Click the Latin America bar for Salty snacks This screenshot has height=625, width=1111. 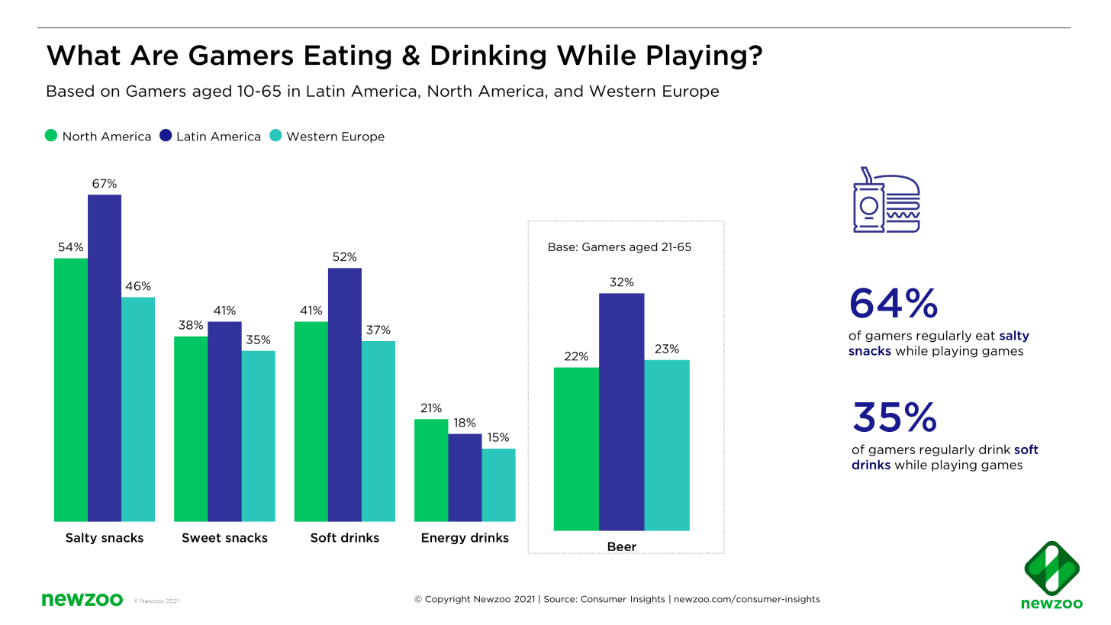click(x=105, y=358)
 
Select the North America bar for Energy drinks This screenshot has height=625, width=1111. click(x=430, y=470)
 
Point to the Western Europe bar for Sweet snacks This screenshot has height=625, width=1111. click(x=258, y=436)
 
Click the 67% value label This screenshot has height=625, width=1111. click(x=105, y=184)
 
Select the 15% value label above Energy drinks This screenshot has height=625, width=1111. click(x=498, y=438)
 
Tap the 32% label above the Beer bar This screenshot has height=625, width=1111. click(x=622, y=282)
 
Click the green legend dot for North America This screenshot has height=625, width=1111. click(x=52, y=136)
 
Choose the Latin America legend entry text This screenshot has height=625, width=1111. click(x=218, y=137)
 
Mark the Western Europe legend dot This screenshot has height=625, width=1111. click(x=275, y=136)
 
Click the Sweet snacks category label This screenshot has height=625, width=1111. click(x=224, y=538)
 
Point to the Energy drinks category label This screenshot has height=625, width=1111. click(x=465, y=538)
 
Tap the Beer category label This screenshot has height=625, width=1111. click(x=622, y=546)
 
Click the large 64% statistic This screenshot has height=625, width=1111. click(x=894, y=304)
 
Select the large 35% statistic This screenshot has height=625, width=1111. click(x=894, y=417)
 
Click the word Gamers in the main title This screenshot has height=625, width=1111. click(x=241, y=56)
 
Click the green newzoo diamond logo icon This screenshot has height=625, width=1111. click(x=1051, y=569)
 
